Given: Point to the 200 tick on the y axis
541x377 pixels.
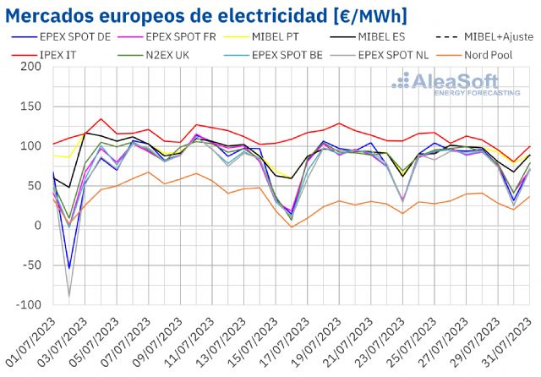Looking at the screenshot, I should point(31,67).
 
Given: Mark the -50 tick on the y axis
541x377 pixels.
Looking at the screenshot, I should point(31,265).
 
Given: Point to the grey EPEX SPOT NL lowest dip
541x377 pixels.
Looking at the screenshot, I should point(68,296).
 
